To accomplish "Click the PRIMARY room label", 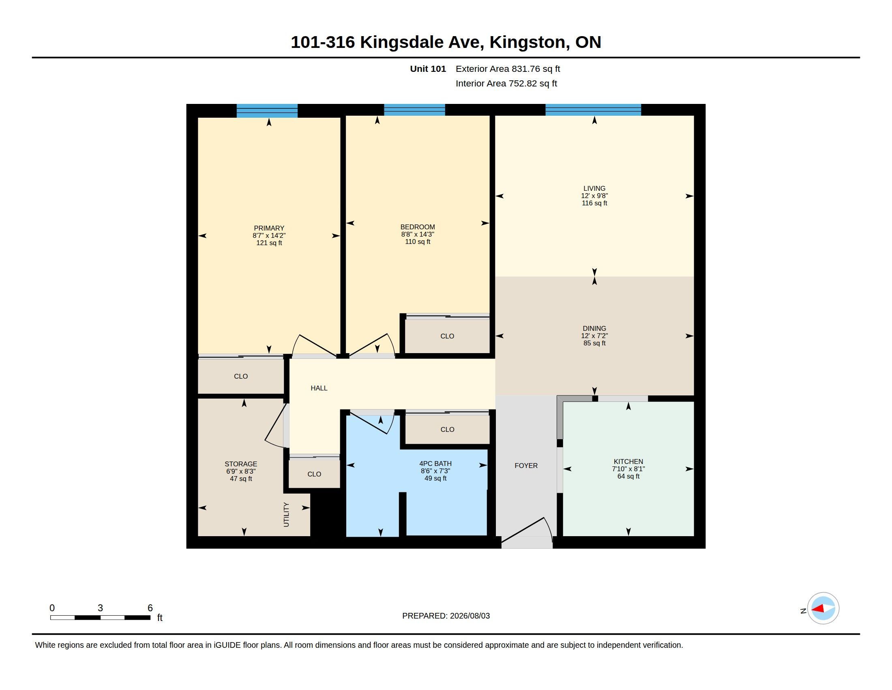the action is click(x=269, y=228).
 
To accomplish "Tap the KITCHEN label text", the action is click(x=628, y=461).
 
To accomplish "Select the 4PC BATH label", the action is click(x=435, y=464).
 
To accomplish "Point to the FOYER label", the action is click(x=526, y=466).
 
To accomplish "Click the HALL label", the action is click(x=319, y=388).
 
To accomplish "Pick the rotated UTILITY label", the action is click(x=286, y=515).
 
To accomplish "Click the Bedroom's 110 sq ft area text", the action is click(x=417, y=241).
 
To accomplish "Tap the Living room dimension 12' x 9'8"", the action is click(x=594, y=196).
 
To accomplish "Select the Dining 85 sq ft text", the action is click(x=594, y=343).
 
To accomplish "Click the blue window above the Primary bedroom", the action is click(x=267, y=111).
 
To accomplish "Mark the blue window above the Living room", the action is click(x=593, y=110).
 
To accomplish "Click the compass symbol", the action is click(x=823, y=609).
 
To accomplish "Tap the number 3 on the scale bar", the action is click(x=100, y=608).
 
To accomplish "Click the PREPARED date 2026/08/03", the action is click(x=470, y=616).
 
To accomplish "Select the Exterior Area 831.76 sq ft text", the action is click(x=508, y=69).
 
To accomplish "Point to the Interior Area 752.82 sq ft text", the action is click(x=506, y=84).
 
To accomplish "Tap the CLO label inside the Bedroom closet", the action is click(x=447, y=336).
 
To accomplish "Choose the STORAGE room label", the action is click(x=240, y=464).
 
